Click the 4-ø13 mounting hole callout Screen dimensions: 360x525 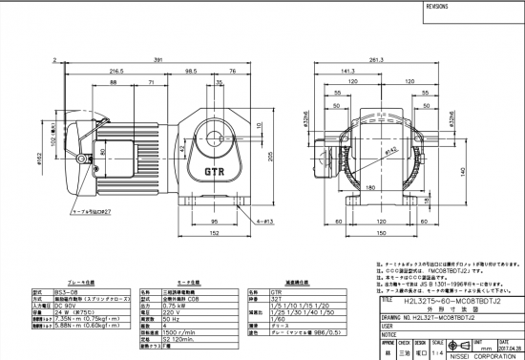tap(251, 222)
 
